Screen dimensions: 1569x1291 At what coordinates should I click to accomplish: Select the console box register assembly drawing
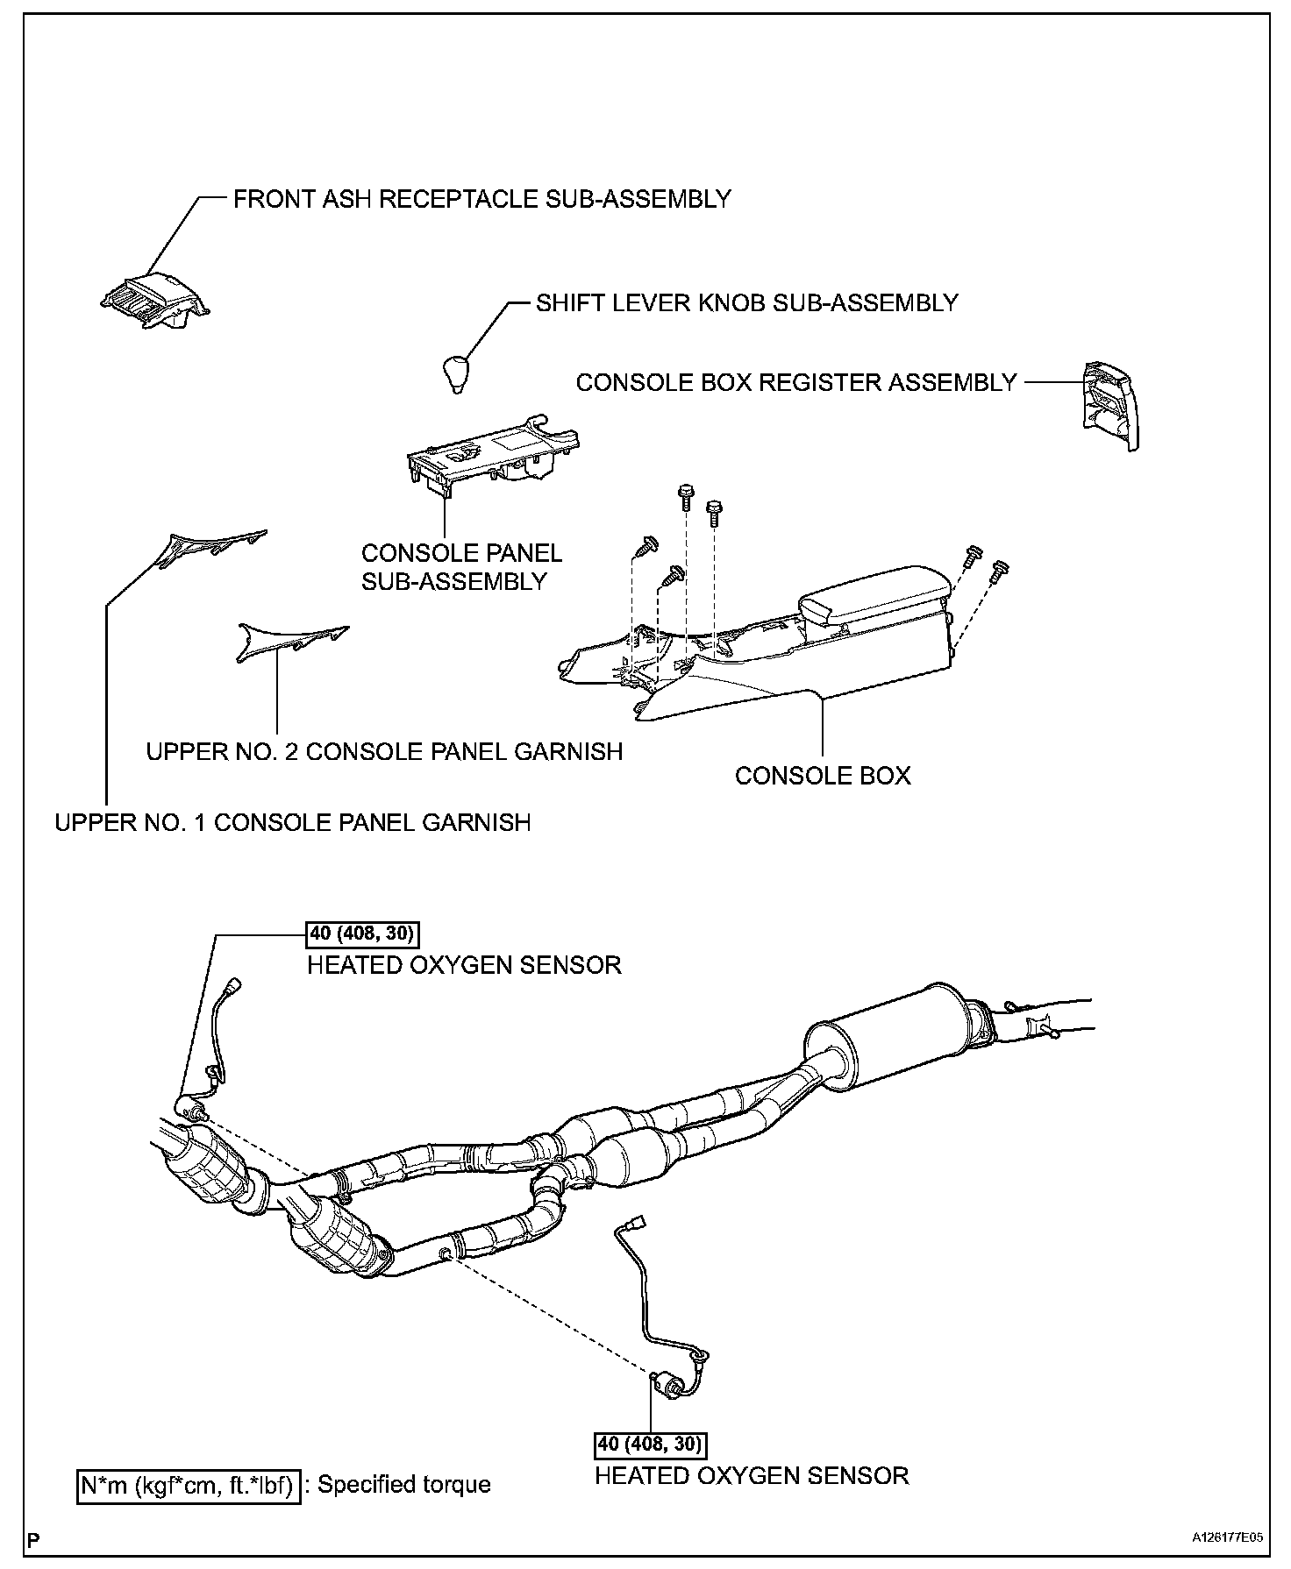point(1109,406)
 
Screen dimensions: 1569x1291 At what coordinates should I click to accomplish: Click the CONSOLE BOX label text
point(823,776)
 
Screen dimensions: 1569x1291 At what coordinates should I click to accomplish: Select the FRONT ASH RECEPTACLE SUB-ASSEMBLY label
point(481,199)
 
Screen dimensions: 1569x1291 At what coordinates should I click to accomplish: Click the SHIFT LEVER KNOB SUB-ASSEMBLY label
point(747,303)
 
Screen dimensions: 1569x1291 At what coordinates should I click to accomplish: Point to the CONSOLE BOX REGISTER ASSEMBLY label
point(796,383)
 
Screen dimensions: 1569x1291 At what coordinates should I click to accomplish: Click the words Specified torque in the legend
point(403,1485)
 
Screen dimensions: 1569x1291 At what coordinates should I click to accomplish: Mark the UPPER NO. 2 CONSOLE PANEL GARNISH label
point(384,752)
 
